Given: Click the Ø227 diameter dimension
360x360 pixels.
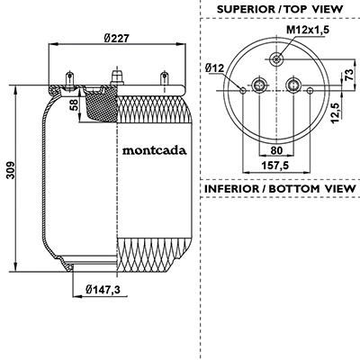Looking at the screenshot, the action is click(117, 39).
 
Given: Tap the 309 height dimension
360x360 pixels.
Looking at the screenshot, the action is click(11, 170).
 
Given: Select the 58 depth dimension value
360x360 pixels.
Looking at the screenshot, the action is click(74, 105).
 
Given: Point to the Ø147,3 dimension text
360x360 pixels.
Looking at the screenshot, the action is click(103, 290).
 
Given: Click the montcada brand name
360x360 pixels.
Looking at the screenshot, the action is click(154, 150).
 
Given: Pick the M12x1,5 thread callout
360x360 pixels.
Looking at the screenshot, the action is click(308, 30).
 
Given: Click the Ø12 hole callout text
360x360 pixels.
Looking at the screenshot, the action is click(214, 68).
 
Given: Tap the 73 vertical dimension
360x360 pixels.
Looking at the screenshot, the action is click(349, 75).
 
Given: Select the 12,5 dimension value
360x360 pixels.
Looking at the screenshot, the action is click(336, 112).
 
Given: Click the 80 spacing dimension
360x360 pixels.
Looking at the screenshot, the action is click(276, 150).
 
